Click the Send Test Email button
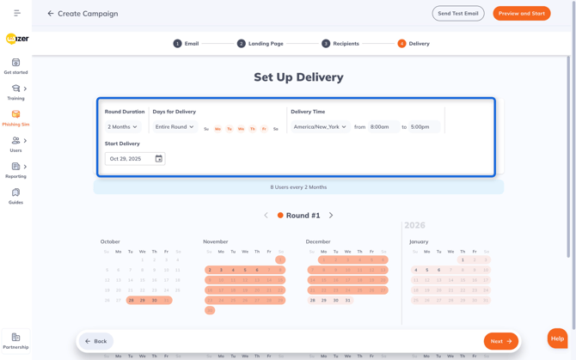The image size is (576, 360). click(458, 14)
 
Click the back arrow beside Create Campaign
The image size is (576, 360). click(51, 14)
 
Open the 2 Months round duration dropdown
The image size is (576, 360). click(122, 127)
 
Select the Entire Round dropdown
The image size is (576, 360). click(175, 127)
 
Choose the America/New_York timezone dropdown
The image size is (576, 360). click(320, 127)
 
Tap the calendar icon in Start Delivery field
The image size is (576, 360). click(158, 159)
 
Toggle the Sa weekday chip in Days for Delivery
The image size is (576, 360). click(275, 129)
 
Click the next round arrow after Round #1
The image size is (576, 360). click(331, 216)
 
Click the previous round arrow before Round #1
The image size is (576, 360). click(267, 216)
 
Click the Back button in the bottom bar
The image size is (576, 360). click(96, 341)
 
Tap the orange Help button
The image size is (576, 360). click(557, 339)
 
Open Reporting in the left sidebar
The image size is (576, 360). click(15, 170)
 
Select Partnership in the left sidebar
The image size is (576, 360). click(15, 341)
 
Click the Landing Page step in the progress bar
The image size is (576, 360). click(260, 44)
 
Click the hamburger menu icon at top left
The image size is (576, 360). click(17, 14)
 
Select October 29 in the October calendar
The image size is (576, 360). click(143, 301)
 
